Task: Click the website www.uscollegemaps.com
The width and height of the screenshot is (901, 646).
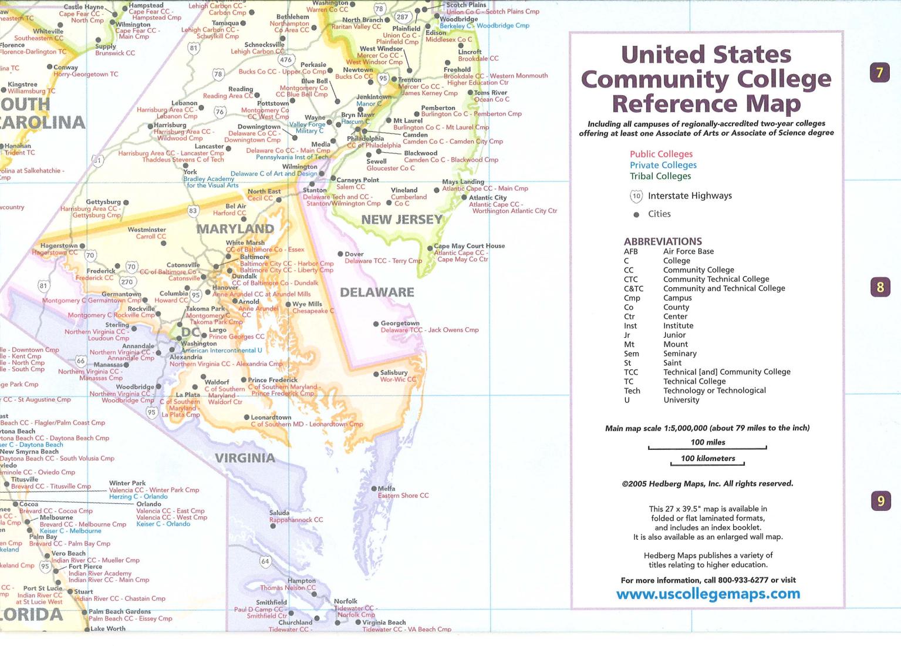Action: (708, 594)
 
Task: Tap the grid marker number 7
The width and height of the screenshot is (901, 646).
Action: (879, 73)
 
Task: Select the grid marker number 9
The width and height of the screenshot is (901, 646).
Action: (880, 501)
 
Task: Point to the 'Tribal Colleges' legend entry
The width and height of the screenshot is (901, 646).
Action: (660, 176)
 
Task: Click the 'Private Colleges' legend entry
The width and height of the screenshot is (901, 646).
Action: (663, 165)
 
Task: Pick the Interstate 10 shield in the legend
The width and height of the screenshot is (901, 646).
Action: (636, 196)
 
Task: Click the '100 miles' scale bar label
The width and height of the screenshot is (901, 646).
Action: (707, 442)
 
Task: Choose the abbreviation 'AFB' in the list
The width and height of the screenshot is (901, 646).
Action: (630, 251)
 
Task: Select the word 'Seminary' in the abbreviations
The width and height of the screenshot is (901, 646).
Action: (680, 354)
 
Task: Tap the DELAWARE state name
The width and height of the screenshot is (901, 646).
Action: (377, 292)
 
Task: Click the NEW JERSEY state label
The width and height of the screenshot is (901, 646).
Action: (401, 220)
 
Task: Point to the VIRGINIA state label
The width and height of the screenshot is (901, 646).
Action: (245, 458)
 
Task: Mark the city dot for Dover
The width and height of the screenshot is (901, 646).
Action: (340, 254)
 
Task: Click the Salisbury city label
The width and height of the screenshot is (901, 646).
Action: (393, 372)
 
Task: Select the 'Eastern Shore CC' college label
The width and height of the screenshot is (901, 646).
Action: (403, 496)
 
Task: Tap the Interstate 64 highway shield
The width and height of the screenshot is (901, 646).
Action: (265, 561)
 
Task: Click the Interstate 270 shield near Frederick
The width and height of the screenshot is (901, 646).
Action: (127, 282)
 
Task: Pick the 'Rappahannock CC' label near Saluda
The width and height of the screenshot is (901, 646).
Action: (296, 520)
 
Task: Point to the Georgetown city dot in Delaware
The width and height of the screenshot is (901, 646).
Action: (376, 324)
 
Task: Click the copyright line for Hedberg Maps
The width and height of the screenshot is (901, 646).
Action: (707, 484)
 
